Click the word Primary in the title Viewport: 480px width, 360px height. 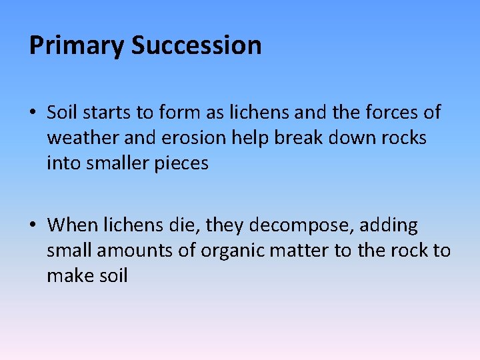pyautogui.click(x=77, y=46)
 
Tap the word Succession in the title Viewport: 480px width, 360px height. pyautogui.click(x=196, y=46)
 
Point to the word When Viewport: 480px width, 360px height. pyautogui.click(x=72, y=226)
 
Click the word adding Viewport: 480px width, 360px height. pyautogui.click(x=389, y=226)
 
